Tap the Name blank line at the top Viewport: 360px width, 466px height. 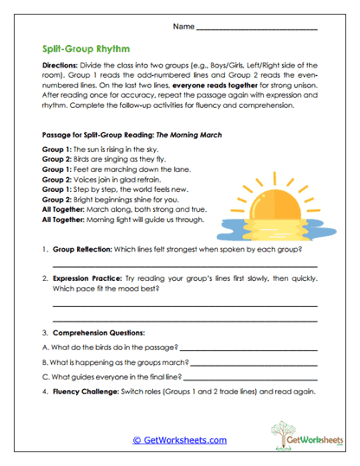[257, 29]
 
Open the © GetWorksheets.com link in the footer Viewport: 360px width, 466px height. [179, 440]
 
